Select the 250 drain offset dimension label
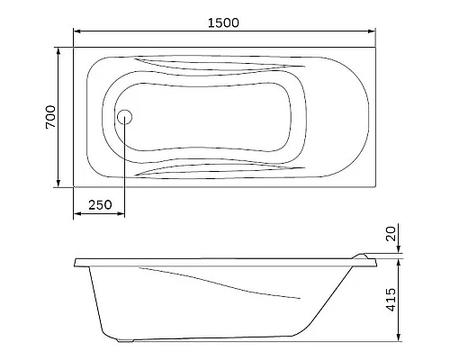[101, 205]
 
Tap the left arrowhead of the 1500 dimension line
[76, 32]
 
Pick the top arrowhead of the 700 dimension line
[60, 48]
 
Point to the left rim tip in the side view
[76, 262]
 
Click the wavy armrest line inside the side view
[225, 283]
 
